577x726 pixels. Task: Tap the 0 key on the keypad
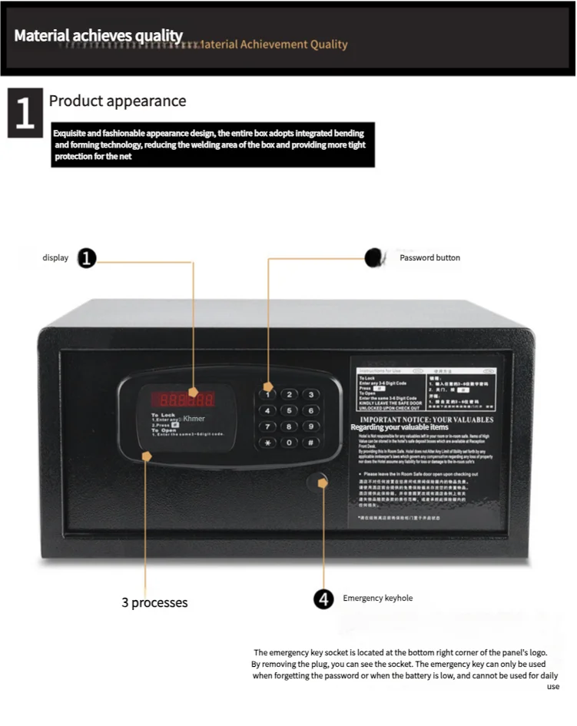point(289,443)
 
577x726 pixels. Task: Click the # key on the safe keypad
point(310,443)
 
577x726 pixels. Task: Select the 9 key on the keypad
point(310,426)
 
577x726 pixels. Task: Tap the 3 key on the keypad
point(310,394)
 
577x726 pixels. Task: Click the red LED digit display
point(183,399)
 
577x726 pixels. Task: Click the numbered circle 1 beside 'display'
point(88,258)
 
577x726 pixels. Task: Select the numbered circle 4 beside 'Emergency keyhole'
point(324,599)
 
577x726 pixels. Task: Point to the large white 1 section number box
point(25,112)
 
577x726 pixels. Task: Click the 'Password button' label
point(429,258)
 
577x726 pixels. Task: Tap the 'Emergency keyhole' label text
point(377,598)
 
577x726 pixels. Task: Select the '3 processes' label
point(154,603)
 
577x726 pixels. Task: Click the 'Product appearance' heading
point(118,101)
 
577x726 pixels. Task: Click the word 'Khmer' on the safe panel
point(194,419)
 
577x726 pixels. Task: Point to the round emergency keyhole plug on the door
point(317,482)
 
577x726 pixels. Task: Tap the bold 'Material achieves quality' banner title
point(98,36)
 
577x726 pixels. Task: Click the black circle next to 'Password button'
point(374,258)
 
